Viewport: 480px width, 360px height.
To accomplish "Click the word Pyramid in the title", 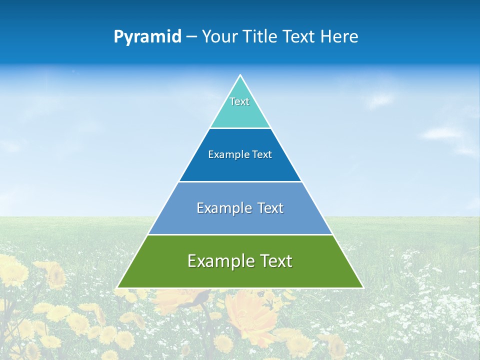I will coord(147,37).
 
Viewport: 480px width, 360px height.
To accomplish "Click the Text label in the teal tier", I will coord(239,101).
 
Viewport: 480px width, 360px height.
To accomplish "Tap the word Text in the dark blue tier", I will coord(262,155).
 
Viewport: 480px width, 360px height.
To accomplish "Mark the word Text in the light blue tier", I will coord(270,208).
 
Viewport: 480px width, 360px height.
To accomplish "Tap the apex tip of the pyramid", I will coord(240,75).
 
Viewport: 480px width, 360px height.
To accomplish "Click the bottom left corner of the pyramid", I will coord(117,287).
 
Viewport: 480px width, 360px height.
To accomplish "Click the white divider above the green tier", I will coord(240,234).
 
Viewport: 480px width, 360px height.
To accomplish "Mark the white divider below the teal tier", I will coord(240,128).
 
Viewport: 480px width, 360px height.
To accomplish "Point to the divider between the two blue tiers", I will coord(240,181).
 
